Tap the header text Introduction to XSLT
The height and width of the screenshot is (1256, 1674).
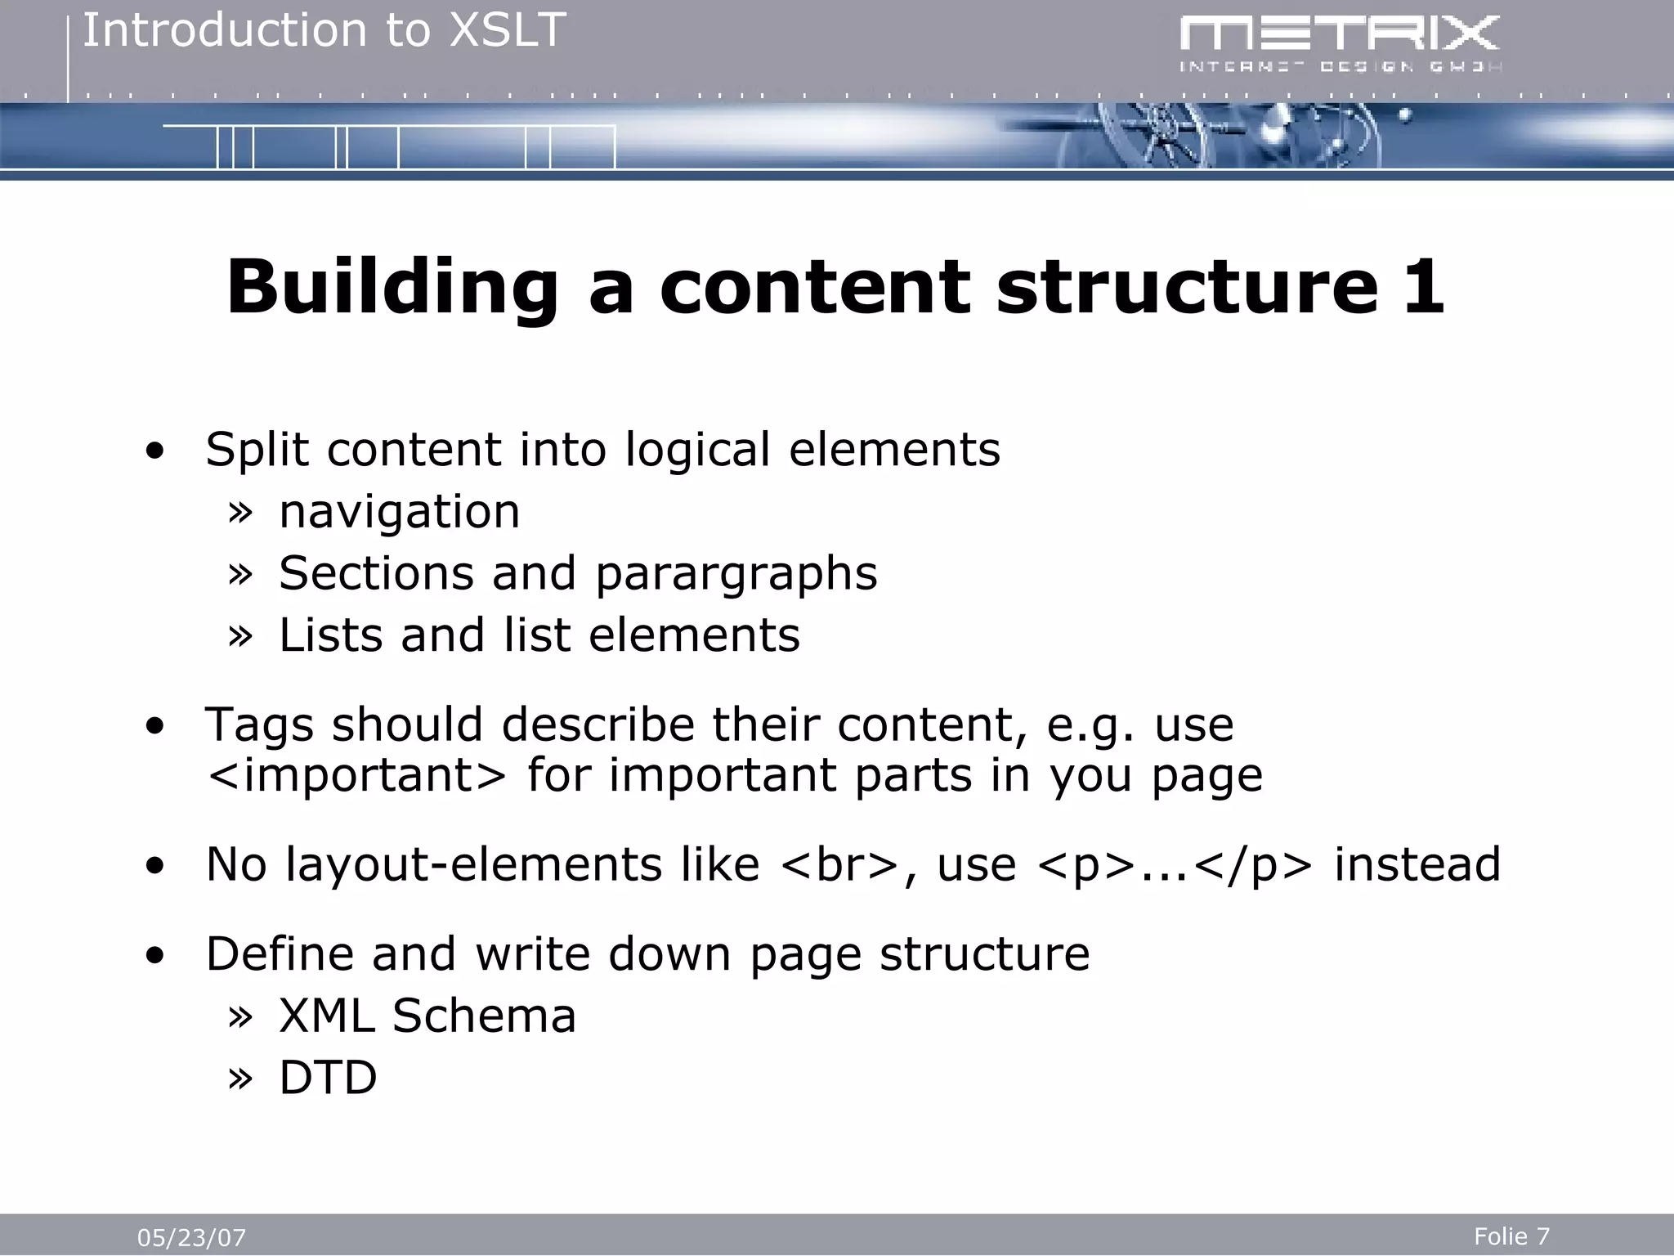click(x=324, y=31)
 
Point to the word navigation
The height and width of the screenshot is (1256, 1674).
click(x=399, y=512)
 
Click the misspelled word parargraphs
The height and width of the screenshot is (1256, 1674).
click(x=736, y=574)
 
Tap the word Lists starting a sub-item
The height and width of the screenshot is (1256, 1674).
click(x=330, y=635)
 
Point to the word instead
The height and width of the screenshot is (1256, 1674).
click(x=1417, y=865)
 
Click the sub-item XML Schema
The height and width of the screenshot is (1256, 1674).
click(x=427, y=1016)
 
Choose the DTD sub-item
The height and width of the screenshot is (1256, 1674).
click(x=328, y=1078)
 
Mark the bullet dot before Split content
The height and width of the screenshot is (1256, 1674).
click(x=154, y=452)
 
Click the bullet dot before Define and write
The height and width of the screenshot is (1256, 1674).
click(x=154, y=956)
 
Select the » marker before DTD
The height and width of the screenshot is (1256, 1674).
click(x=239, y=1079)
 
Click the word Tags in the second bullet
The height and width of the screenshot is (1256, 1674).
click(x=259, y=725)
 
